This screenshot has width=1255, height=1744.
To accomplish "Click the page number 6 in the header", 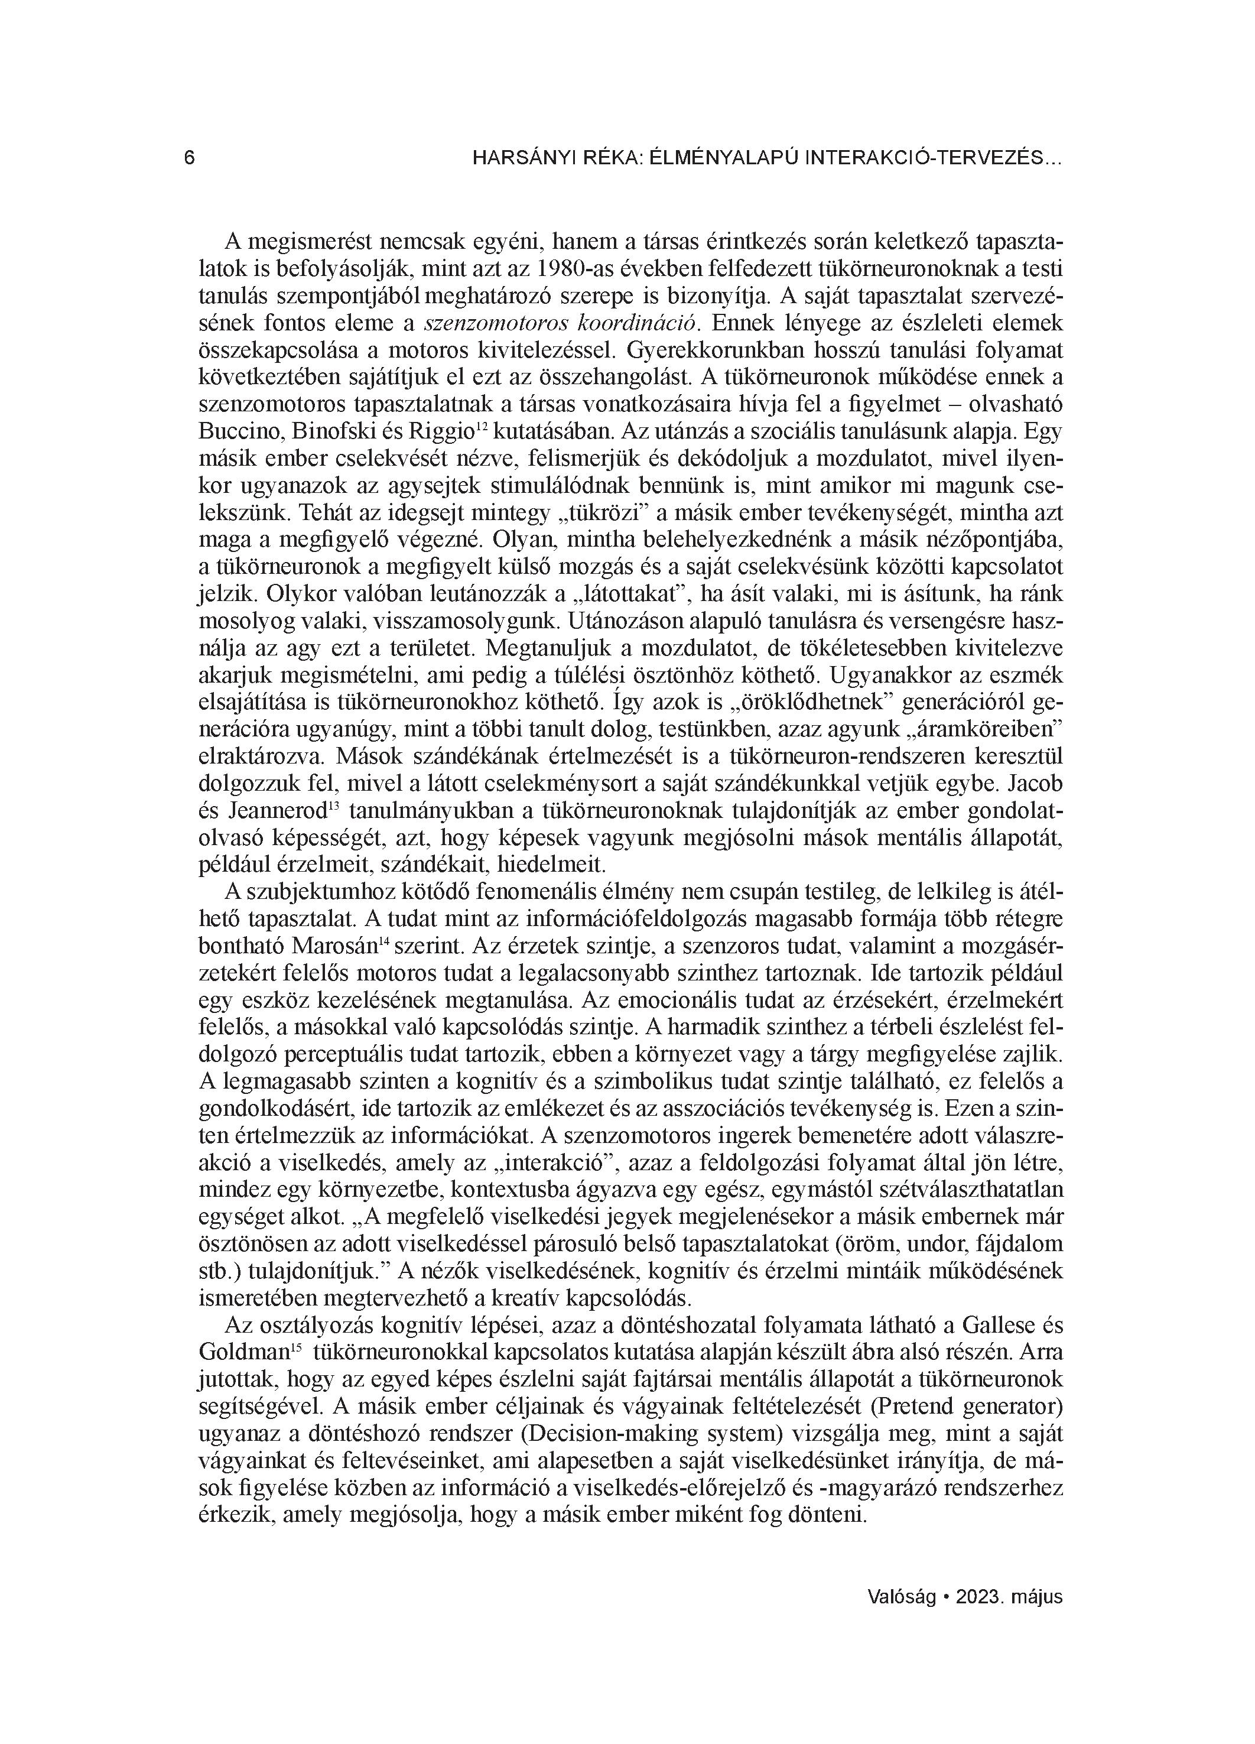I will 189,159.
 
